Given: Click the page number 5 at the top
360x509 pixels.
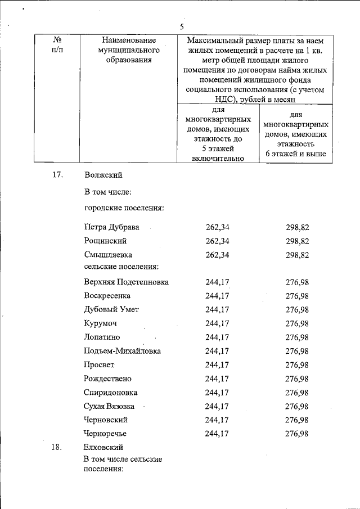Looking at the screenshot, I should coord(182,26).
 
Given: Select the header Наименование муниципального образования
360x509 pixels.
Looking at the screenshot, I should coord(129,50).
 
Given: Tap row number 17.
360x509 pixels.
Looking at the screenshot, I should coord(56,175).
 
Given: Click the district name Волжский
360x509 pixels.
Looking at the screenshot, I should coord(103,175).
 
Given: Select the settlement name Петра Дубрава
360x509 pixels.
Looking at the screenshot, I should coord(112,227).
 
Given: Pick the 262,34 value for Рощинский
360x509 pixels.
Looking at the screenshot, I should coord(218,241).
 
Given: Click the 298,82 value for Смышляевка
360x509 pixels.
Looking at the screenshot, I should coord(298,255).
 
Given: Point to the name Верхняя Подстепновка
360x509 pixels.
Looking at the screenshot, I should coord(127,282).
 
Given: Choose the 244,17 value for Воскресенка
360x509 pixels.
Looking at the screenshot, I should coord(218,296).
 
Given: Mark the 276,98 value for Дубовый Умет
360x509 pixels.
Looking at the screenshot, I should coord(298,309).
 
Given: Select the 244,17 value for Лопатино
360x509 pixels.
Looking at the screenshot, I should coord(218,337).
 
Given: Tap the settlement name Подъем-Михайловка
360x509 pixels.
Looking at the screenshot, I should coord(123,351).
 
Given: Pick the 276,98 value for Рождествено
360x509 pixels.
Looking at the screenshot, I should coord(298,379).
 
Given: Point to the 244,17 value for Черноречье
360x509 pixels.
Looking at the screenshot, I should coord(218,433).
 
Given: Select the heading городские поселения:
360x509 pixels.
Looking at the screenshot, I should coord(124,208).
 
